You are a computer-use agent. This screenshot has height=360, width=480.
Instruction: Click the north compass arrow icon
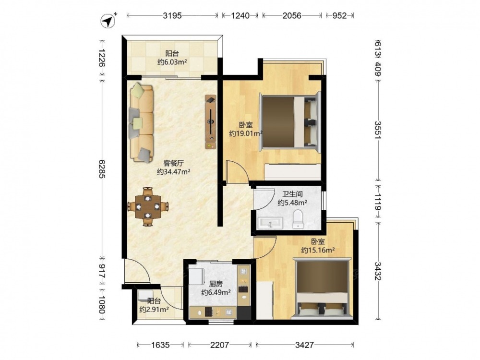click(108, 21)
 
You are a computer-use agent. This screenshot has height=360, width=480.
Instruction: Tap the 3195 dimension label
click(172, 15)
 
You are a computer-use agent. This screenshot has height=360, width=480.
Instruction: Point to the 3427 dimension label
click(305, 345)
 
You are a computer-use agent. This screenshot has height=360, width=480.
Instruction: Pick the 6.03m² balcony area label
click(172, 62)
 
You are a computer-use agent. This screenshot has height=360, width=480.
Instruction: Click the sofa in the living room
click(142, 123)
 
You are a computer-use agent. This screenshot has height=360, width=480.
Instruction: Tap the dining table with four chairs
click(148, 206)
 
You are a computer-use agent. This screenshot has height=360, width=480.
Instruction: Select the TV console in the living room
click(211, 122)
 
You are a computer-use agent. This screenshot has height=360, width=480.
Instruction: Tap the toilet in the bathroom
click(298, 219)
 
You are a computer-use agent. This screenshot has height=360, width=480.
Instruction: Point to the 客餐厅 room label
click(174, 164)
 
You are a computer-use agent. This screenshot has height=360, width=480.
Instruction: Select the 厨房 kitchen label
click(216, 284)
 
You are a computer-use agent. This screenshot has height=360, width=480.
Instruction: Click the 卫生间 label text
click(292, 194)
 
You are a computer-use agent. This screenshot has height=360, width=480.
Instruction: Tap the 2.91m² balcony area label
click(154, 310)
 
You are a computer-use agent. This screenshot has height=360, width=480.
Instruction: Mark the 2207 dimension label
click(219, 345)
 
